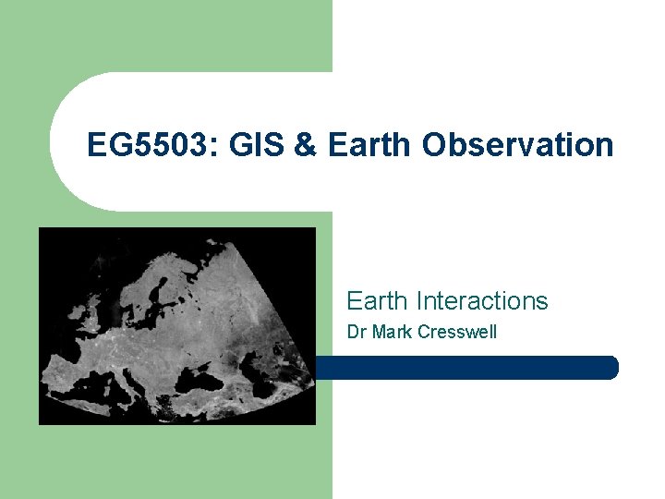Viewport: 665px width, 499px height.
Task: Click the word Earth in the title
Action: [369, 145]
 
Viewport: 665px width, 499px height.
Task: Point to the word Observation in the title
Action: [518, 145]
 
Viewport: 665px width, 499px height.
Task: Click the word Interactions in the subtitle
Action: [482, 301]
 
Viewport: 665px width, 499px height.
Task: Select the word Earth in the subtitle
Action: [379, 301]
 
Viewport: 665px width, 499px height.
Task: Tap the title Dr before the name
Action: [356, 332]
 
